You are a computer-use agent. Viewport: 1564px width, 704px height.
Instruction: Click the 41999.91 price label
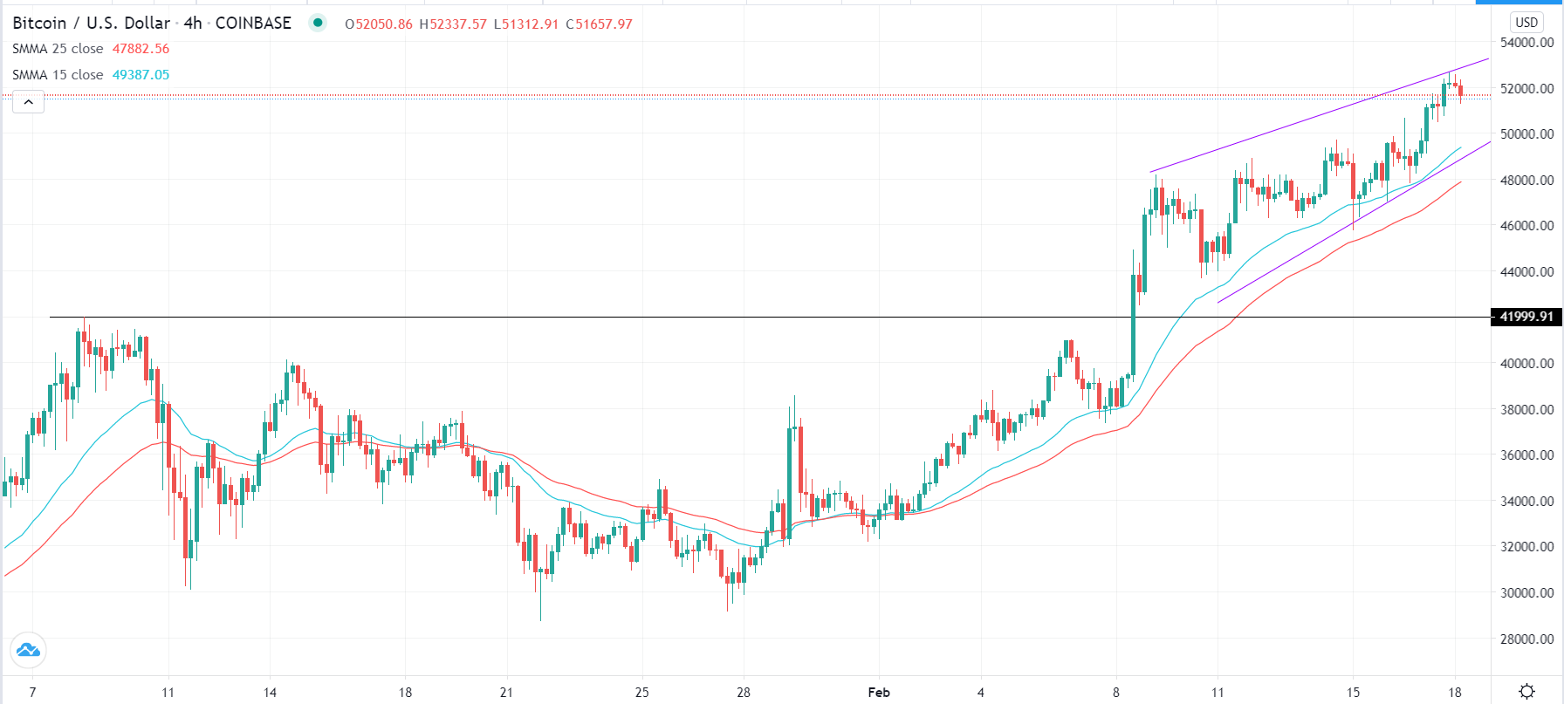coord(1526,317)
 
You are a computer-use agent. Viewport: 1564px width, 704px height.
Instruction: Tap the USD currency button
coord(1526,23)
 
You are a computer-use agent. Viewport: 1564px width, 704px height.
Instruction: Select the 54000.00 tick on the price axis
coord(1526,43)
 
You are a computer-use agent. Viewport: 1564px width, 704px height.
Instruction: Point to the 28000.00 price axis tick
coord(1526,639)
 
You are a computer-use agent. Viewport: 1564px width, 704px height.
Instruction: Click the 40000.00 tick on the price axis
coord(1526,363)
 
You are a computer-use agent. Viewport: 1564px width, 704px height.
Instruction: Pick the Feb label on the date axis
coord(879,693)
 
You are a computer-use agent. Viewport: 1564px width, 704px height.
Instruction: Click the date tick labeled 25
coord(642,693)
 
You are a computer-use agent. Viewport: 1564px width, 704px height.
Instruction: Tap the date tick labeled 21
coord(507,693)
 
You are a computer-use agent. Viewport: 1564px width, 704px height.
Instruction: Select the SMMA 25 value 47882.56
coord(141,49)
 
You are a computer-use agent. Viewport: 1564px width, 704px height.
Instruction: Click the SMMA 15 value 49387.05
coord(141,75)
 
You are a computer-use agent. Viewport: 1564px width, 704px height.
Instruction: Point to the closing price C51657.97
coord(599,24)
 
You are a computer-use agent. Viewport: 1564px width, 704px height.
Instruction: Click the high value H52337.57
coord(453,24)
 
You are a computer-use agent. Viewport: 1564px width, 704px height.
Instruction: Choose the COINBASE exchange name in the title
coord(253,24)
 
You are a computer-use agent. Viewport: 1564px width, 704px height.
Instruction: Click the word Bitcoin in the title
coord(39,24)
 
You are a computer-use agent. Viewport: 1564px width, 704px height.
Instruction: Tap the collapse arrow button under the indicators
coord(29,103)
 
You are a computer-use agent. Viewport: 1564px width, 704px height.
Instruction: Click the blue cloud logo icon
coord(28,650)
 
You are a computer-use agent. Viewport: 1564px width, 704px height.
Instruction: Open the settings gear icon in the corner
coord(1526,692)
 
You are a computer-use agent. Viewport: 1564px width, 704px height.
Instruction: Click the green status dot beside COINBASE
coord(318,24)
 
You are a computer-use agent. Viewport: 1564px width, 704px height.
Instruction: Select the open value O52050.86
coord(379,24)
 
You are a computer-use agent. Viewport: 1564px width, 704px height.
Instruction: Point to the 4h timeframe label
coord(193,24)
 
